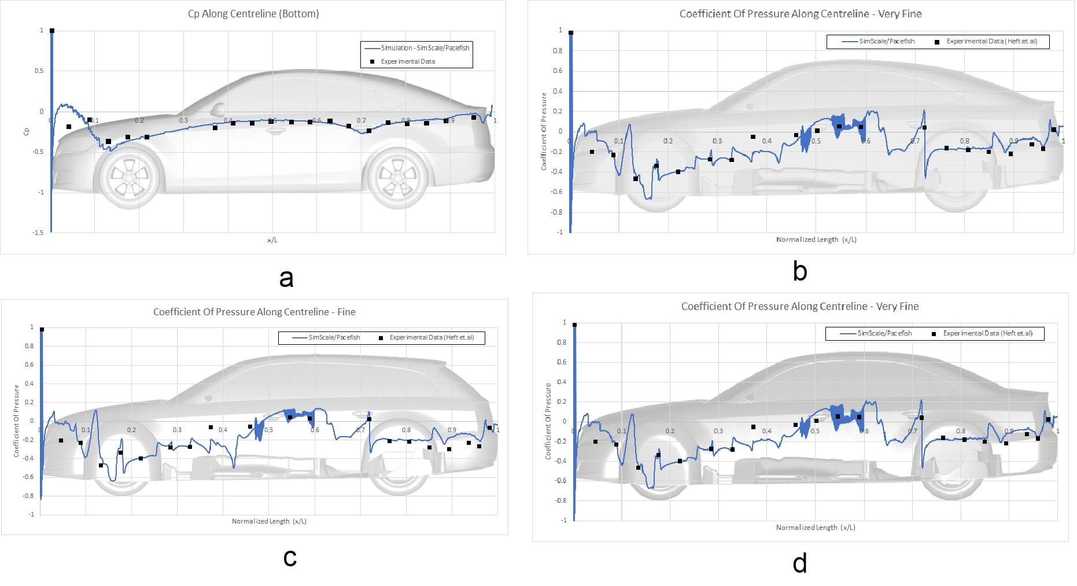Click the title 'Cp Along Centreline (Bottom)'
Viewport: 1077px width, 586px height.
[253, 14]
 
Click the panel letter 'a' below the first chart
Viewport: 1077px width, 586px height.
[286, 278]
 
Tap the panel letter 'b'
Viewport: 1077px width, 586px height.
[799, 271]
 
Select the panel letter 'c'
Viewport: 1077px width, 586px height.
[290, 557]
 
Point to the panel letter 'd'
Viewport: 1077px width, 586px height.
[799, 563]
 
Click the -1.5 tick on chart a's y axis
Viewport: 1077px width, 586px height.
[38, 233]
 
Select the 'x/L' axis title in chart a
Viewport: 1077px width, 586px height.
[272, 240]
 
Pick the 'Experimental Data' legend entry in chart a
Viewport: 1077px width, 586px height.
[407, 61]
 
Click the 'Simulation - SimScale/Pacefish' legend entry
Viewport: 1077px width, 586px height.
[425, 48]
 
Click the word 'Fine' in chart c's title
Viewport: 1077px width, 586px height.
[346, 312]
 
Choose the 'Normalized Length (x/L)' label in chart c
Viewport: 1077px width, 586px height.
[269, 521]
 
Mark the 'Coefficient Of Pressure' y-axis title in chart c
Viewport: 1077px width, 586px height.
[16, 421]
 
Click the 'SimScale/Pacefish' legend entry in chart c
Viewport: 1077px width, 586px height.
[334, 337]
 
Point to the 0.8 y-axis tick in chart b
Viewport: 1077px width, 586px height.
[557, 51]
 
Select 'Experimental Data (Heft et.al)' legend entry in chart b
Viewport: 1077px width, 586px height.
[991, 42]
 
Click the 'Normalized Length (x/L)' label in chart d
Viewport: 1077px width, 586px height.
[815, 528]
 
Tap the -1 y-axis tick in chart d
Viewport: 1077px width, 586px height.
[563, 520]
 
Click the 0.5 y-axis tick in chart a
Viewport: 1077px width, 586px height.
[39, 71]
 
